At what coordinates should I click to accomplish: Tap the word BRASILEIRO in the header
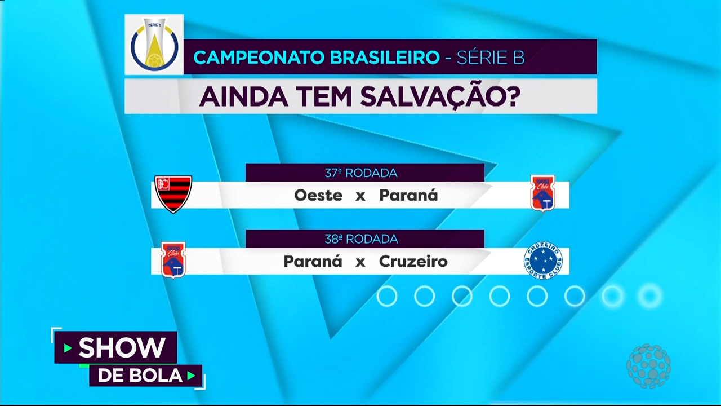point(385,58)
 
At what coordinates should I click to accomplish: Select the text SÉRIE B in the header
point(491,57)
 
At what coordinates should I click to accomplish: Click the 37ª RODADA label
point(361,173)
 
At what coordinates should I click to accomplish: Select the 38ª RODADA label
point(362,239)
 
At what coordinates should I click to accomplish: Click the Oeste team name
point(318,195)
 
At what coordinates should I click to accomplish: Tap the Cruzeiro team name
point(413,261)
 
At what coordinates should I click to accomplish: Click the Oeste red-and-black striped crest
point(173,195)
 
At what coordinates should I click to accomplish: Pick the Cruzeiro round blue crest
point(543,261)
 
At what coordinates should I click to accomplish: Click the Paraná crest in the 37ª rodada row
point(542,193)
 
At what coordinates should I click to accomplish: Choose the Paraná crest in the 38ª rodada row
point(173,260)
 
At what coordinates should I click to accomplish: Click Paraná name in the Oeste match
point(409,195)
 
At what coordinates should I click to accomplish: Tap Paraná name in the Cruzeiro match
point(313,261)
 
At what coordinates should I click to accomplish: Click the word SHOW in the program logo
point(122,347)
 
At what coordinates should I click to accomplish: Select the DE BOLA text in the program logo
point(140,376)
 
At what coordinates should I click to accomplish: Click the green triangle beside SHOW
point(68,348)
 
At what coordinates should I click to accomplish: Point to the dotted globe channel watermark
point(649,366)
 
